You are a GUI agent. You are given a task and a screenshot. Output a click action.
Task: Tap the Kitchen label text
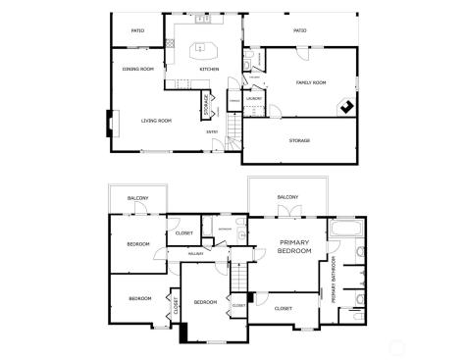coord(209,69)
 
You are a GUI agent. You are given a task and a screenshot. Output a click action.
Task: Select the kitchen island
coord(204,48)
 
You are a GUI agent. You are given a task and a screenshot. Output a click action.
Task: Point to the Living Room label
coord(156,121)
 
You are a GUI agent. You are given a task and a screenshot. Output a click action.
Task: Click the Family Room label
coord(311,82)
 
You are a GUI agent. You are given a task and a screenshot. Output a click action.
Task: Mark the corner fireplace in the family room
coord(346,108)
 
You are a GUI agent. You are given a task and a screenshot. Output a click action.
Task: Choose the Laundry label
coord(252,98)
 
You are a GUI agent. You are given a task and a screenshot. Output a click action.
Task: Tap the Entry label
coord(211,132)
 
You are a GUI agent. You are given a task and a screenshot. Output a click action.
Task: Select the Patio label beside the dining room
coord(138,30)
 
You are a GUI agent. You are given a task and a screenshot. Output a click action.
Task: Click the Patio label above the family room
coord(300,30)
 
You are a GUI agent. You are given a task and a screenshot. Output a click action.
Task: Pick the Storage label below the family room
coord(299,140)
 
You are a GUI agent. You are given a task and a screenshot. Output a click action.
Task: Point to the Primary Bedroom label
coord(295,246)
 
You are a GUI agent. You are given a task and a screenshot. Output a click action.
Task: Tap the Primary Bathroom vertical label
coord(335,281)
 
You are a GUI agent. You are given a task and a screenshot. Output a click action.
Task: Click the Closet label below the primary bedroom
coord(284,308)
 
